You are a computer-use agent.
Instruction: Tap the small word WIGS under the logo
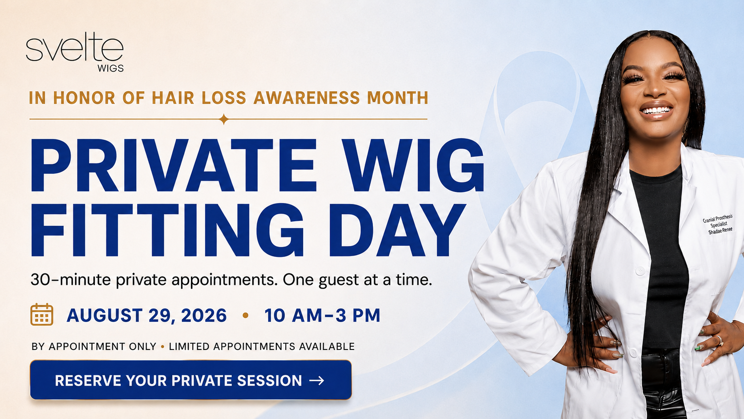point(111,69)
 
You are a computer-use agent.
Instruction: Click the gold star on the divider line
point(224,119)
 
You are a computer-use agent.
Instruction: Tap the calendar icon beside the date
point(42,314)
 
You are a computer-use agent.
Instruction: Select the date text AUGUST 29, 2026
point(146,315)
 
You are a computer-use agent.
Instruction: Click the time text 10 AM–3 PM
point(322,315)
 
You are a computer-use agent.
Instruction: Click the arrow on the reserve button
point(316,380)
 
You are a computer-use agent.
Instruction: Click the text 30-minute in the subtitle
point(70,280)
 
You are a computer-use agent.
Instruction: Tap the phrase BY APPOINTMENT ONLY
point(94,346)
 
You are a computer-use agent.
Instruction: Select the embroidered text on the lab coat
point(718,224)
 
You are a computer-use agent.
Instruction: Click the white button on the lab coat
point(640,271)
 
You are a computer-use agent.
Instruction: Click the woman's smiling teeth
point(655,110)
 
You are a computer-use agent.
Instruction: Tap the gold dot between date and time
point(246,315)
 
